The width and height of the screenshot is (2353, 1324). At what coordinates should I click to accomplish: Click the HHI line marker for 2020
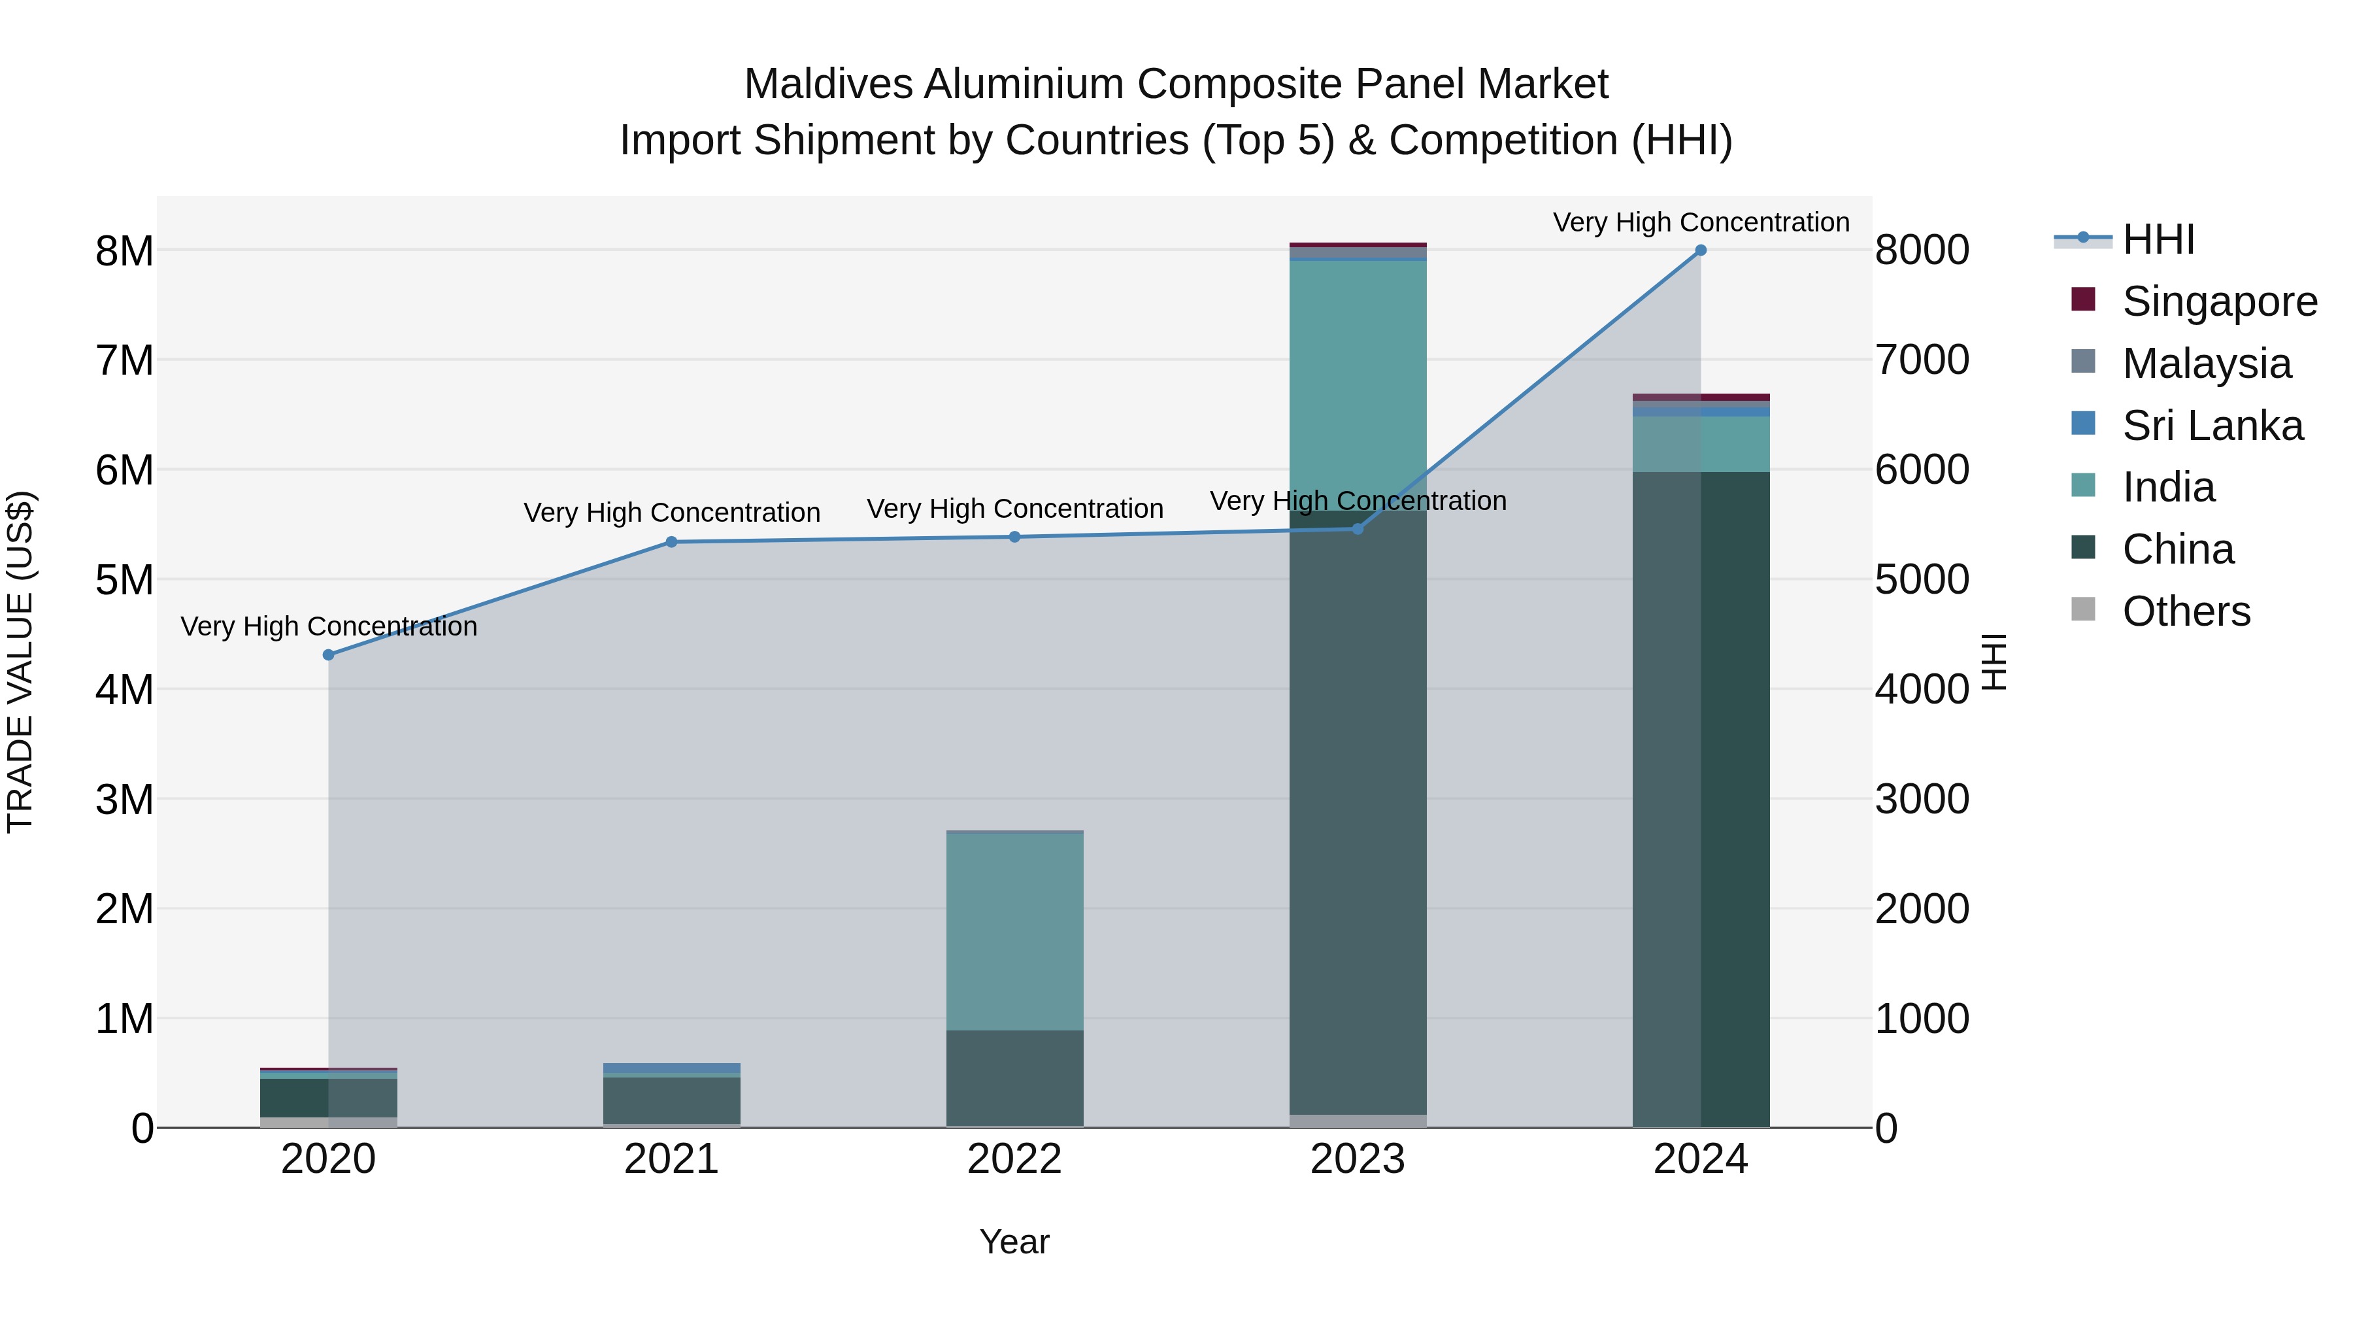coord(329,655)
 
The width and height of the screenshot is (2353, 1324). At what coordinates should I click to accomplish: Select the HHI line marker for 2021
coord(671,542)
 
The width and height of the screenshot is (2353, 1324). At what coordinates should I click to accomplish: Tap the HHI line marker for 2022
coord(1015,537)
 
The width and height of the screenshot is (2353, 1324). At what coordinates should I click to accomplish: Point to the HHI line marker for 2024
coord(1701,250)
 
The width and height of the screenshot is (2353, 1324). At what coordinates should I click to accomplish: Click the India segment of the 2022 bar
coord(1015,932)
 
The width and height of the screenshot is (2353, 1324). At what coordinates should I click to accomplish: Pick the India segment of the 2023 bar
coord(1358,384)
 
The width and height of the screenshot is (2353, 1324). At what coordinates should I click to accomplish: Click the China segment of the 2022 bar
coord(1015,1078)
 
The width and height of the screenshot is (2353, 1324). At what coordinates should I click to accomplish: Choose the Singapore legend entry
coord(2220,301)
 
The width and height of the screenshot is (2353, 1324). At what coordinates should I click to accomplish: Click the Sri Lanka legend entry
coord(2212,426)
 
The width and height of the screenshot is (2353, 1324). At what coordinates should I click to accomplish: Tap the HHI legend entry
coord(2158,239)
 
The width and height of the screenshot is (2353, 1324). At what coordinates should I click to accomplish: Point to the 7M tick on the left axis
coord(124,360)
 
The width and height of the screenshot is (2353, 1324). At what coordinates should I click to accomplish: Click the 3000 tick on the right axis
coord(1922,800)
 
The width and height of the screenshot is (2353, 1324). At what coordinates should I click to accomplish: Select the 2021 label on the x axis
coord(671,1159)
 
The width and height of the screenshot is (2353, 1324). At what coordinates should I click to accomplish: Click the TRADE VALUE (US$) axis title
coord(20,662)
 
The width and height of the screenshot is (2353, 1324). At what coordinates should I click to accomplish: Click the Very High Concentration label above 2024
coord(1701,222)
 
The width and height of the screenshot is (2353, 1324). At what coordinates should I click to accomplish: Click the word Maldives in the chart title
coord(829,84)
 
